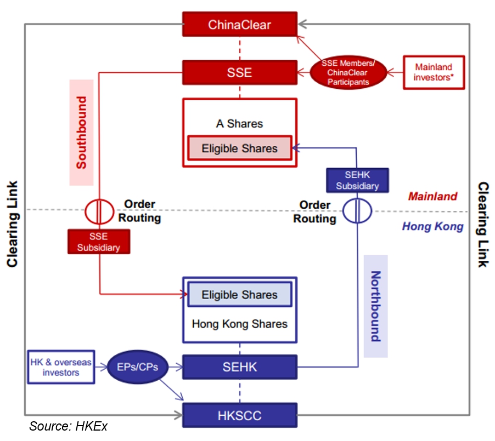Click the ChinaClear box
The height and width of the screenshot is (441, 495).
click(x=239, y=25)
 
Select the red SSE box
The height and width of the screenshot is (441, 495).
click(x=239, y=72)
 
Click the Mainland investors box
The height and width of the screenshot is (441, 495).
click(x=434, y=72)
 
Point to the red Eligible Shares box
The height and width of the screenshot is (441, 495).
click(x=239, y=148)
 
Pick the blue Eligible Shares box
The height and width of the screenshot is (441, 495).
click(x=239, y=295)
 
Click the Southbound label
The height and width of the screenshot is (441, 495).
click(x=81, y=133)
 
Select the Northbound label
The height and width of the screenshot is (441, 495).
click(x=375, y=306)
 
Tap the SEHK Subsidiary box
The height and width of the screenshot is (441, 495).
click(x=357, y=180)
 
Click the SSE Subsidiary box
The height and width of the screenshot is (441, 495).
click(x=99, y=242)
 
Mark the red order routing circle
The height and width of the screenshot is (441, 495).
click(x=99, y=210)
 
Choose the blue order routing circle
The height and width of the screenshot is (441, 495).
click(x=357, y=210)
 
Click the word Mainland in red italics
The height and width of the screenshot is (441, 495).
click(x=432, y=196)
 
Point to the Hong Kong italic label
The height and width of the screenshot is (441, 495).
click(x=432, y=226)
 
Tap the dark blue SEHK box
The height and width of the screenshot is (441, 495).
click(x=239, y=367)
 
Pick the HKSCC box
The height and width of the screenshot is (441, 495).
click(x=239, y=415)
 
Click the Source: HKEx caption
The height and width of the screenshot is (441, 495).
click(x=68, y=426)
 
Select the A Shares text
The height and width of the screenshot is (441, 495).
click(x=239, y=124)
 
